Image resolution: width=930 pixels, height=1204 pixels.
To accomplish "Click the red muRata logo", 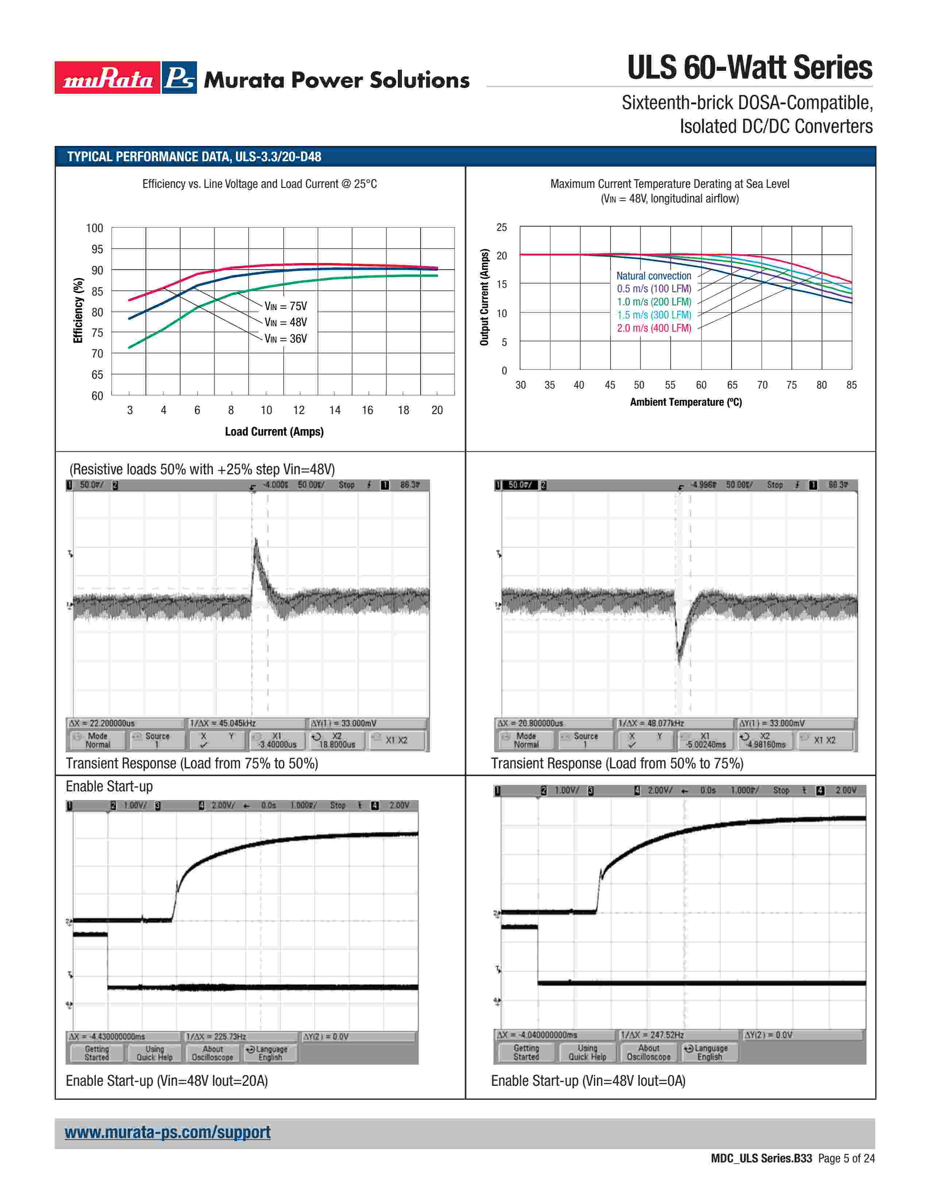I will click(108, 78).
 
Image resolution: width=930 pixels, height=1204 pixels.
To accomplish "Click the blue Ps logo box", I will click(179, 78).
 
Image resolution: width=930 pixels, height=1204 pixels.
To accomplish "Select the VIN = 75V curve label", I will click(286, 306).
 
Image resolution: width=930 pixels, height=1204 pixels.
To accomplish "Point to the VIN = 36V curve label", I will click(286, 339).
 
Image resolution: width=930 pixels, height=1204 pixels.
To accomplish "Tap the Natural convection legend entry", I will click(654, 275).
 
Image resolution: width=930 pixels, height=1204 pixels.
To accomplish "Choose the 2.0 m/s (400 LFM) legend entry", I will click(654, 328).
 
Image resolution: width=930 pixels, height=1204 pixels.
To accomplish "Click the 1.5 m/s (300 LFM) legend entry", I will click(654, 315).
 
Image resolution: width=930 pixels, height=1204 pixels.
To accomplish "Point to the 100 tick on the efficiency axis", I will click(94, 228).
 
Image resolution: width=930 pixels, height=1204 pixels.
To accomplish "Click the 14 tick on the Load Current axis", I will click(334, 410).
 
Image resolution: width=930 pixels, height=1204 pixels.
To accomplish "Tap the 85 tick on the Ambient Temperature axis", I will click(851, 385).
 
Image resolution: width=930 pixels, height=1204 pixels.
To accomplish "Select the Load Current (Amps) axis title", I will click(274, 432).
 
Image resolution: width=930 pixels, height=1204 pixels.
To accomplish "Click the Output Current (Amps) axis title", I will click(484, 298).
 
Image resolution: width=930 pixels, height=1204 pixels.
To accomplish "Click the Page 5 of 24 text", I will click(846, 1158).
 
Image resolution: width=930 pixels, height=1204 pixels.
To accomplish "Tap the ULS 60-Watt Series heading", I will click(749, 68).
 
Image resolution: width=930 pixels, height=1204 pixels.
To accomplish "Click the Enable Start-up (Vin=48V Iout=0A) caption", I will click(588, 1081).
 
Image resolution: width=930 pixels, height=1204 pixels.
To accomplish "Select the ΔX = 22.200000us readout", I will click(101, 723).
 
